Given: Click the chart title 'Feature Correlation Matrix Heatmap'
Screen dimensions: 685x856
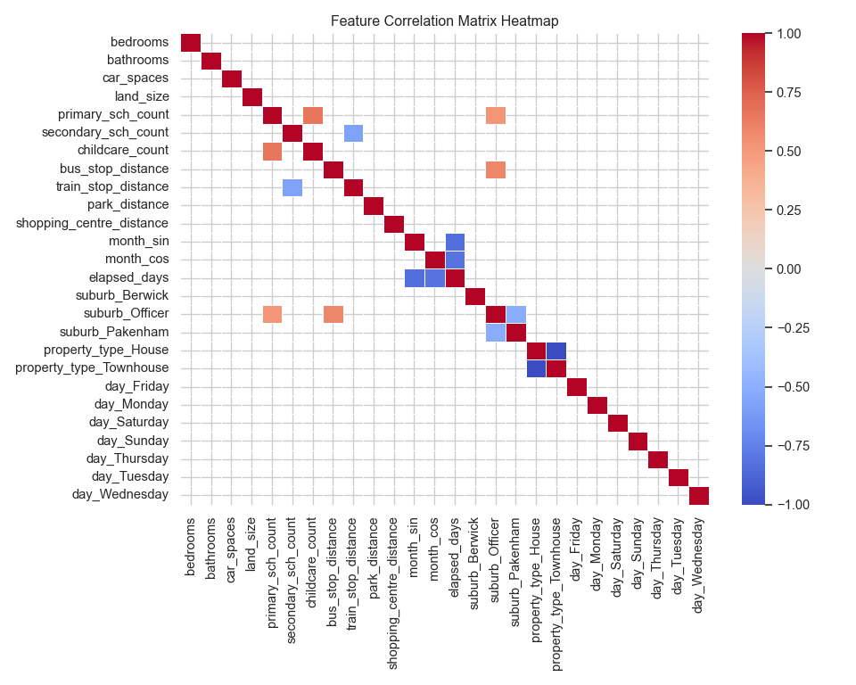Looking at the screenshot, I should pyautogui.click(x=444, y=20).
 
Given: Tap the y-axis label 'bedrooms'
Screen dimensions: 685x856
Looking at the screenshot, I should pyautogui.click(x=139, y=42).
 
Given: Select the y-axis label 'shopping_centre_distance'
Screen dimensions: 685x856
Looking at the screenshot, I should pyautogui.click(x=93, y=223).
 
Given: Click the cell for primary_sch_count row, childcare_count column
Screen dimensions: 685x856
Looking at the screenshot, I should pyautogui.click(x=313, y=115).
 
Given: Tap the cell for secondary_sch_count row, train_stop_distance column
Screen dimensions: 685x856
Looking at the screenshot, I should pyautogui.click(x=353, y=133).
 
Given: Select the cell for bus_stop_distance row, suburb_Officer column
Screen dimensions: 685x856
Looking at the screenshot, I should pyautogui.click(x=496, y=169).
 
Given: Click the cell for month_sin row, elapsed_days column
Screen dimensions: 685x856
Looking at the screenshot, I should pyautogui.click(x=455, y=242).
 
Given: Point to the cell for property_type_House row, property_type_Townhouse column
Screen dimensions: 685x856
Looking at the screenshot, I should pyautogui.click(x=556, y=351).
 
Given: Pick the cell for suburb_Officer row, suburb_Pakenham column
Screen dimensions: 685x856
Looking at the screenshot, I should pyautogui.click(x=516, y=314).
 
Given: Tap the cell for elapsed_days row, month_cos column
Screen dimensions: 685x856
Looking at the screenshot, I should pyautogui.click(x=434, y=277).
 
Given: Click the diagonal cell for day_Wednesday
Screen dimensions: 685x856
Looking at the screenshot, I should pyautogui.click(x=699, y=495).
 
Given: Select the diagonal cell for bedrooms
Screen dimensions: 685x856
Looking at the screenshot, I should pyautogui.click(x=191, y=42).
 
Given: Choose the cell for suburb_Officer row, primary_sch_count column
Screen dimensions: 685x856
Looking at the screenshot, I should pyautogui.click(x=272, y=314).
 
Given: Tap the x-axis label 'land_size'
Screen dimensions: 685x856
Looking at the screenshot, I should pyautogui.click(x=251, y=543).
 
